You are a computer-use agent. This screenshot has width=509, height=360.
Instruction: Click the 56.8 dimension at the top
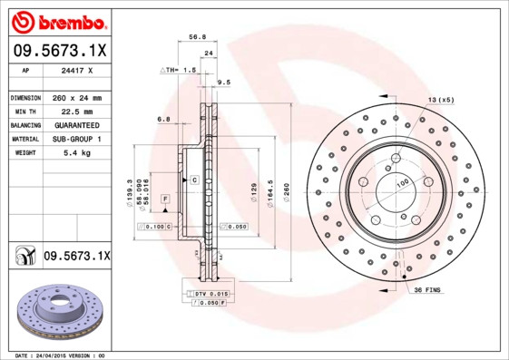pyautogui.click(x=194, y=38)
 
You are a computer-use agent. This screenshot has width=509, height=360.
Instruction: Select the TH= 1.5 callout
pyautogui.click(x=179, y=70)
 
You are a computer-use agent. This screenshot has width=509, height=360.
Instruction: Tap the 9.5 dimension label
pyautogui.click(x=224, y=83)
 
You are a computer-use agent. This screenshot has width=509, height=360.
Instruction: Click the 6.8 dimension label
pyautogui.click(x=163, y=120)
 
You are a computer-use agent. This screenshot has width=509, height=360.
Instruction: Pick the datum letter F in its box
pyautogui.click(x=165, y=198)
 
